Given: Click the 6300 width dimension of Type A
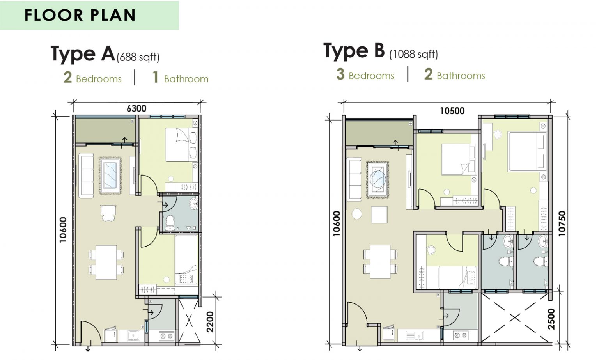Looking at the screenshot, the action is (x=136, y=108).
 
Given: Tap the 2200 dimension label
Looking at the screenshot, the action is (x=210, y=322).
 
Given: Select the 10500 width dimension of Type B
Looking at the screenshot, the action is (x=452, y=111).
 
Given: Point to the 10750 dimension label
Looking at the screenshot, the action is (x=562, y=223).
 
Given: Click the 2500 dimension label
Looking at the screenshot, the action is (x=551, y=319).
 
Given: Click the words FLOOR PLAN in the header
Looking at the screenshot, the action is (x=80, y=15).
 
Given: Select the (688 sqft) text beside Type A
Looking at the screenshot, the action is (x=138, y=57).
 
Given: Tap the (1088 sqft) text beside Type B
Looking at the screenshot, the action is (x=414, y=54).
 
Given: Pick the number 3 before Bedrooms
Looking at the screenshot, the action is (x=340, y=74).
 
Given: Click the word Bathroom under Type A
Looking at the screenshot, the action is (x=186, y=79).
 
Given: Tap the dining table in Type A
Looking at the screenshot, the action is (x=106, y=262).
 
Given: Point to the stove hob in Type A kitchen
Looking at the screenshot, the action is (x=167, y=336).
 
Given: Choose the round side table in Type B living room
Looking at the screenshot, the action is (x=357, y=214).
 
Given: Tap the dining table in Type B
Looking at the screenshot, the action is (x=380, y=261).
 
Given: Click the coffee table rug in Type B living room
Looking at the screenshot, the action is (x=377, y=179).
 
